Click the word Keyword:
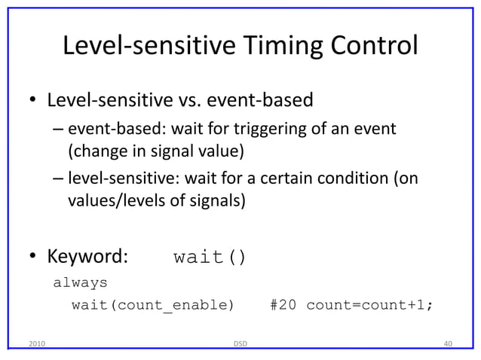coord(88,258)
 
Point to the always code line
coord(80,283)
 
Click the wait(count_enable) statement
coord(153,305)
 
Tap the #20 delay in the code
coord(283,305)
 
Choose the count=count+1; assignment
coord(369,305)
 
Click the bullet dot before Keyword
coord(33,258)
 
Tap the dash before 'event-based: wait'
coord(58,130)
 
